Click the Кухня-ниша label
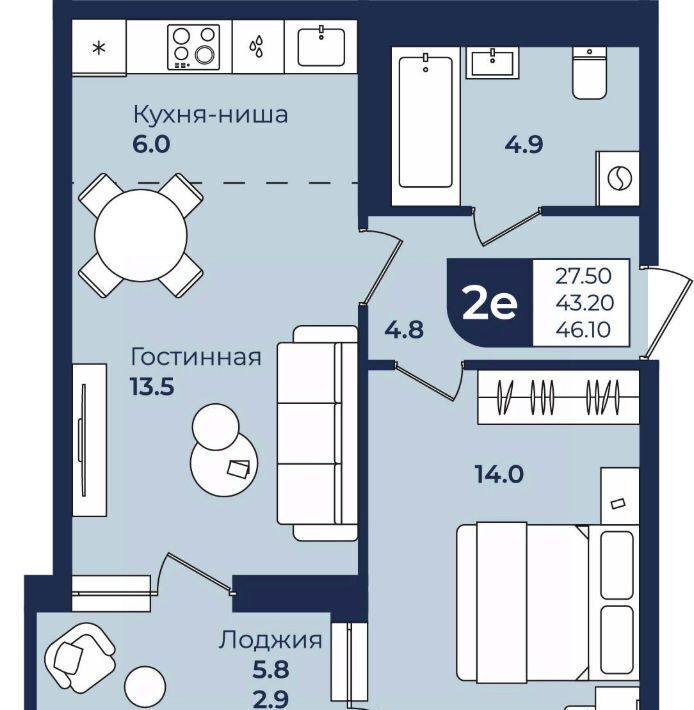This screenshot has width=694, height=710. [x=211, y=115]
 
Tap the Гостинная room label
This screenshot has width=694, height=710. [x=196, y=357]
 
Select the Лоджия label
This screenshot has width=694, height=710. [x=270, y=640]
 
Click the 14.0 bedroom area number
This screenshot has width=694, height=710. [x=499, y=475]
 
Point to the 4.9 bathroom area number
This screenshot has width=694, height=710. [x=524, y=145]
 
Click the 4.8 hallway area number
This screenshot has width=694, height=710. [x=404, y=330]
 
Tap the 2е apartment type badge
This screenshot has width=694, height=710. [x=489, y=304]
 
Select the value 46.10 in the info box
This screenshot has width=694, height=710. [x=584, y=330]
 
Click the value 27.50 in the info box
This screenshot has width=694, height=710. [x=584, y=276]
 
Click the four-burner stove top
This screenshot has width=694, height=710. [x=193, y=47]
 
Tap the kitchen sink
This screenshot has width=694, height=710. [x=321, y=47]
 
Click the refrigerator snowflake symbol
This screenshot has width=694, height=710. [x=99, y=48]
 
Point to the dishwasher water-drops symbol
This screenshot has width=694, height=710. [x=257, y=47]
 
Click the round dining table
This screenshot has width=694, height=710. [x=141, y=235]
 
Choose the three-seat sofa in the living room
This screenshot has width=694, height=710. [x=317, y=433]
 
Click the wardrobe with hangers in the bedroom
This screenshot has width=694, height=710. [x=559, y=397]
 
